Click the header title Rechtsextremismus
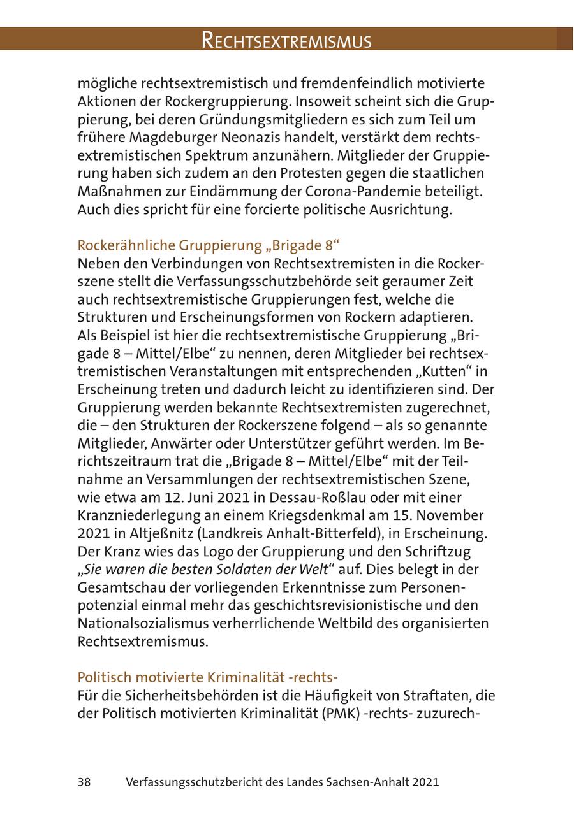286,40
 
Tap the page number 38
84,782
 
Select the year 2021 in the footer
425,782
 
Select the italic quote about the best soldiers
213,569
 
